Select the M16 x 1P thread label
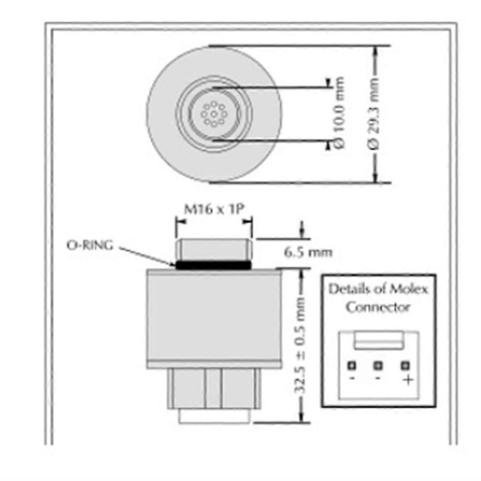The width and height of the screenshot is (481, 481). coord(213,210)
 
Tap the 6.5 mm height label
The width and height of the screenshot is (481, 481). coord(308,252)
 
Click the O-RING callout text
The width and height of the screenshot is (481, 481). coord(90,245)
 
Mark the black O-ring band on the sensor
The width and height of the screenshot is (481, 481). coord(213,264)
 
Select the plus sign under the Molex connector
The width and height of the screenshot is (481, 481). coord(407,380)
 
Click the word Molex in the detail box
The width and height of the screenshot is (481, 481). coord(407,289)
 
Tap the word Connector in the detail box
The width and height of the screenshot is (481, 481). coord(378,307)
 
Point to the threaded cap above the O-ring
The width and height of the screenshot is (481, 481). coord(213,249)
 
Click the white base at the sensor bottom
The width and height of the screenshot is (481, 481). coord(214,416)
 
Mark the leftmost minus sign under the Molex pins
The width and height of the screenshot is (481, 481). coord(352,379)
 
